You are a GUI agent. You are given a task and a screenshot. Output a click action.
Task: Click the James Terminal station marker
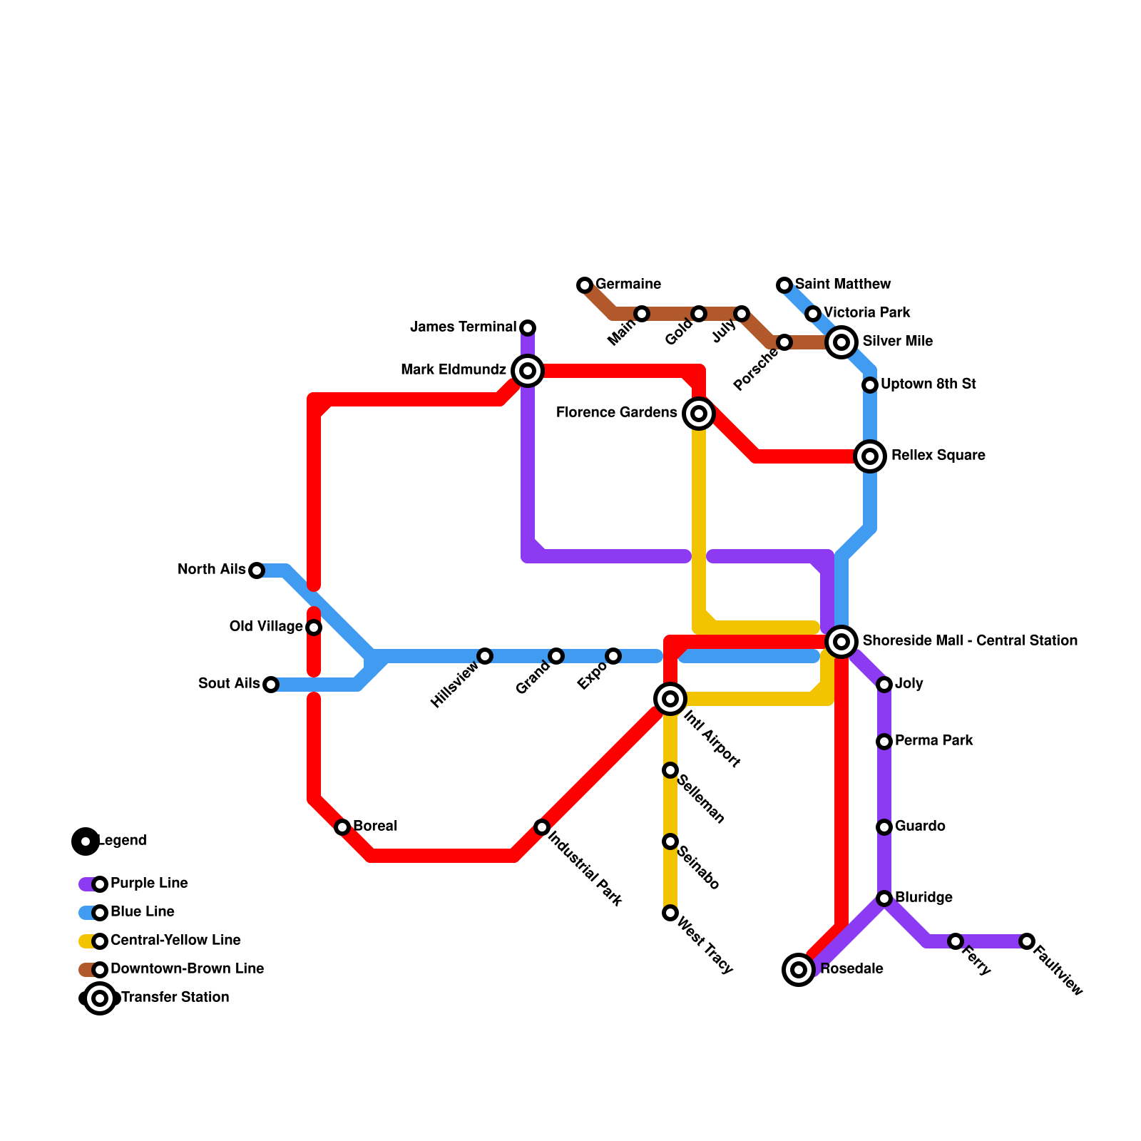tap(528, 328)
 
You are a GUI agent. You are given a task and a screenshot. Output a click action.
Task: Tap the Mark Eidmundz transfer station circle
tap(528, 371)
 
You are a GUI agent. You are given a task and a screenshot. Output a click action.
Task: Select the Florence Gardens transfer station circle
tap(699, 414)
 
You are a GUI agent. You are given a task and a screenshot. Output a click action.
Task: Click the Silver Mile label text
tap(897, 342)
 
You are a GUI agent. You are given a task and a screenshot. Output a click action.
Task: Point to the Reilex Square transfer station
tap(870, 456)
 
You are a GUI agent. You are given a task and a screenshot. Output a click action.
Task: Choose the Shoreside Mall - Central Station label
tap(970, 641)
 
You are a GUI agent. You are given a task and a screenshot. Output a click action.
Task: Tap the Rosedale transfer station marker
tap(799, 970)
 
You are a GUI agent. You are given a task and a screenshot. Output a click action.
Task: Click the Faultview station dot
tap(1027, 941)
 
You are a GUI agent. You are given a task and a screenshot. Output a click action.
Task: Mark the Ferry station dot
tap(956, 941)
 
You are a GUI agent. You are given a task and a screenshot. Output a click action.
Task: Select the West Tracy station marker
tap(670, 913)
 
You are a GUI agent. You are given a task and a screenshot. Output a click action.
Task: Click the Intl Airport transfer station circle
tap(670, 699)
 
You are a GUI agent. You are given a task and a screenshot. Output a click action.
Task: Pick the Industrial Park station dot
tap(542, 827)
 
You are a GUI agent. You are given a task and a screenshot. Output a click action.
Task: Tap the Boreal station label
tap(375, 827)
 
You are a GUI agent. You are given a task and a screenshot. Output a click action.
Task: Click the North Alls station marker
tap(257, 570)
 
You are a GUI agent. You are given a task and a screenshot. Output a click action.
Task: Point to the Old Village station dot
tap(314, 628)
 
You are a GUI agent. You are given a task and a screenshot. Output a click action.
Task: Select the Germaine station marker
tap(585, 285)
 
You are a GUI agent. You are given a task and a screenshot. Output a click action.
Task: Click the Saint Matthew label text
tap(843, 285)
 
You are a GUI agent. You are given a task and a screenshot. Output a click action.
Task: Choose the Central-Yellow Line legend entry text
tap(175, 941)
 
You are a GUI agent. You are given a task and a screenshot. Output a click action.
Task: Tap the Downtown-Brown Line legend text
tap(187, 969)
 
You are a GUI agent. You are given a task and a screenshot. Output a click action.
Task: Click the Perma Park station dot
tap(884, 742)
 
